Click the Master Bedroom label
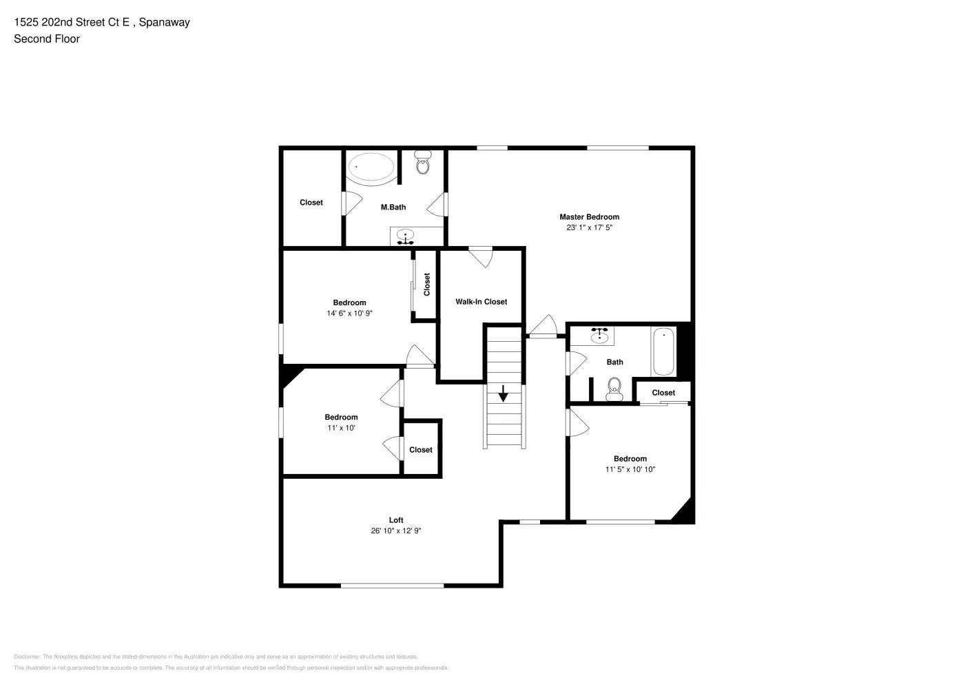(589, 217)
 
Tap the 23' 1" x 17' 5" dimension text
(589, 227)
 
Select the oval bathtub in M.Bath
(371, 167)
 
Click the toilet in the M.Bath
(423, 163)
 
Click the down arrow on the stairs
(503, 393)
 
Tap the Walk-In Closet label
(481, 302)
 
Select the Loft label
(396, 520)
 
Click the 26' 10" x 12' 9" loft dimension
(396, 531)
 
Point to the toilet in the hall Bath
(614, 389)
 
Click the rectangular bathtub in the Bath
(663, 351)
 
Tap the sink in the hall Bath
(599, 336)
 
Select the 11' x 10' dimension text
(341, 428)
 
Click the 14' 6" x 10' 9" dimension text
(349, 313)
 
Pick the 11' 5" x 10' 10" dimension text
(630, 469)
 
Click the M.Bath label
(393, 207)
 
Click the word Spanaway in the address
(164, 22)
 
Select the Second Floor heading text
(47, 39)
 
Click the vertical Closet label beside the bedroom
(426, 285)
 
